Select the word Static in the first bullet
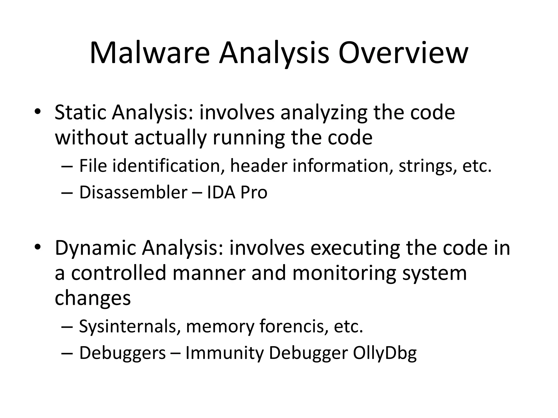[x=80, y=112]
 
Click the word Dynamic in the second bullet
[x=95, y=248]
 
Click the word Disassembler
[x=133, y=192]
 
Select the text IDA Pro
[x=237, y=192]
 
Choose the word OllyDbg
[x=385, y=353]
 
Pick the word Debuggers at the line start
[x=122, y=353]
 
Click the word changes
[x=93, y=298]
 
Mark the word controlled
[x=119, y=273]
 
